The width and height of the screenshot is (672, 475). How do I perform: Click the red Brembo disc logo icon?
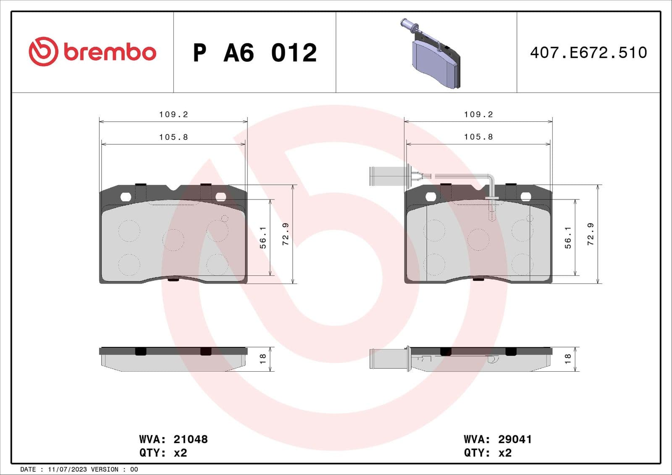(x=43, y=51)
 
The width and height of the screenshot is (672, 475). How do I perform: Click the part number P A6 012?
(x=255, y=53)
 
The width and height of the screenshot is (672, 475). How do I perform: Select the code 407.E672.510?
(x=588, y=53)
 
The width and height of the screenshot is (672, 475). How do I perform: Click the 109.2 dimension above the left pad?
(x=173, y=114)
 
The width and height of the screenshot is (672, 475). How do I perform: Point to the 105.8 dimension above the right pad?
(x=478, y=137)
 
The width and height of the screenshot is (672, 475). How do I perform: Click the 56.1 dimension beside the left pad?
(x=263, y=238)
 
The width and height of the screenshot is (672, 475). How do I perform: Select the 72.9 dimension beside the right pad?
(x=590, y=234)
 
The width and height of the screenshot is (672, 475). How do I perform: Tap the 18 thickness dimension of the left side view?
(x=263, y=358)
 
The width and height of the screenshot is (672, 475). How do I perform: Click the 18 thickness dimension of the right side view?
(x=568, y=358)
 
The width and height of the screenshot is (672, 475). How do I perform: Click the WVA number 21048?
(x=190, y=439)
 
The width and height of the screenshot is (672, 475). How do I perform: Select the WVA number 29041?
(x=514, y=439)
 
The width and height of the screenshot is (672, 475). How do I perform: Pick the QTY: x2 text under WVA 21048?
(x=163, y=453)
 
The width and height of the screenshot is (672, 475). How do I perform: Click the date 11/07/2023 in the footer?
(x=67, y=469)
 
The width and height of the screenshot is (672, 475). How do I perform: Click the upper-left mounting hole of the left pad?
(x=126, y=197)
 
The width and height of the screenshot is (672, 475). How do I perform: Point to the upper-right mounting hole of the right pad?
(x=525, y=197)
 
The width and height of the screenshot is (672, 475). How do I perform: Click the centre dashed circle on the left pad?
(x=173, y=240)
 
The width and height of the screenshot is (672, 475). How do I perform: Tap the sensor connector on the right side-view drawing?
(x=388, y=359)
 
